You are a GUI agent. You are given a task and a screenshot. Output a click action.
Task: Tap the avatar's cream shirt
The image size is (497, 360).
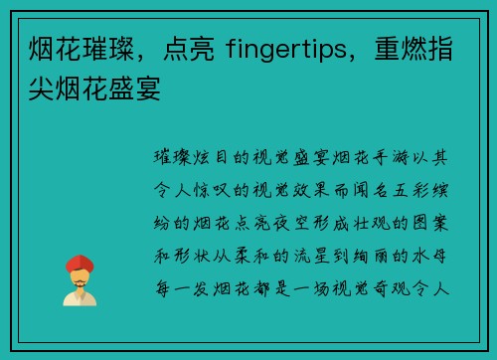tap(80, 297)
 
